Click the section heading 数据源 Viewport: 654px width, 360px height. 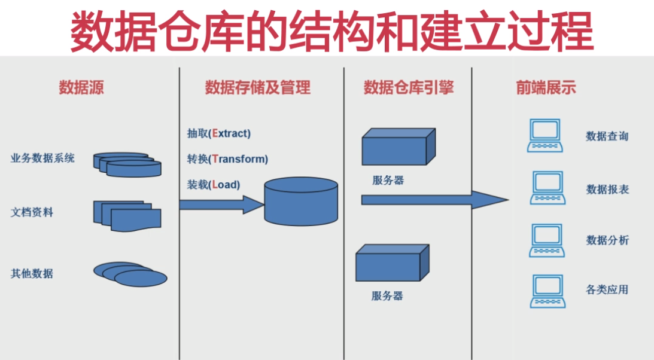point(81,87)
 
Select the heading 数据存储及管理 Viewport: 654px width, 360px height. point(258,87)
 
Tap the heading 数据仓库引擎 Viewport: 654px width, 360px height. point(408,87)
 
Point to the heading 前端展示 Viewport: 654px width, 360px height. point(546,87)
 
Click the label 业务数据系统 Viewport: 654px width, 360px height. point(42,158)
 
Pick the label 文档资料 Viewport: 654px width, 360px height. point(32,212)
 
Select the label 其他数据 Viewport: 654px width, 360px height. point(32,273)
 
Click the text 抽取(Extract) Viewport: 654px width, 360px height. point(219,133)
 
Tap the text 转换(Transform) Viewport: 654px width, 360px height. point(227,159)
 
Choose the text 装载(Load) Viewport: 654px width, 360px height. point(214,185)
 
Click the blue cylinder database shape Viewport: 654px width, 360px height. point(301,201)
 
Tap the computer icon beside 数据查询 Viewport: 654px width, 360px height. point(545,136)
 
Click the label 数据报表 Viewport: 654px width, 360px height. point(607,190)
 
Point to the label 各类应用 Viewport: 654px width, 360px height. point(607,290)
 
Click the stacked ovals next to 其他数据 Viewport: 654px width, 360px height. point(130,274)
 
